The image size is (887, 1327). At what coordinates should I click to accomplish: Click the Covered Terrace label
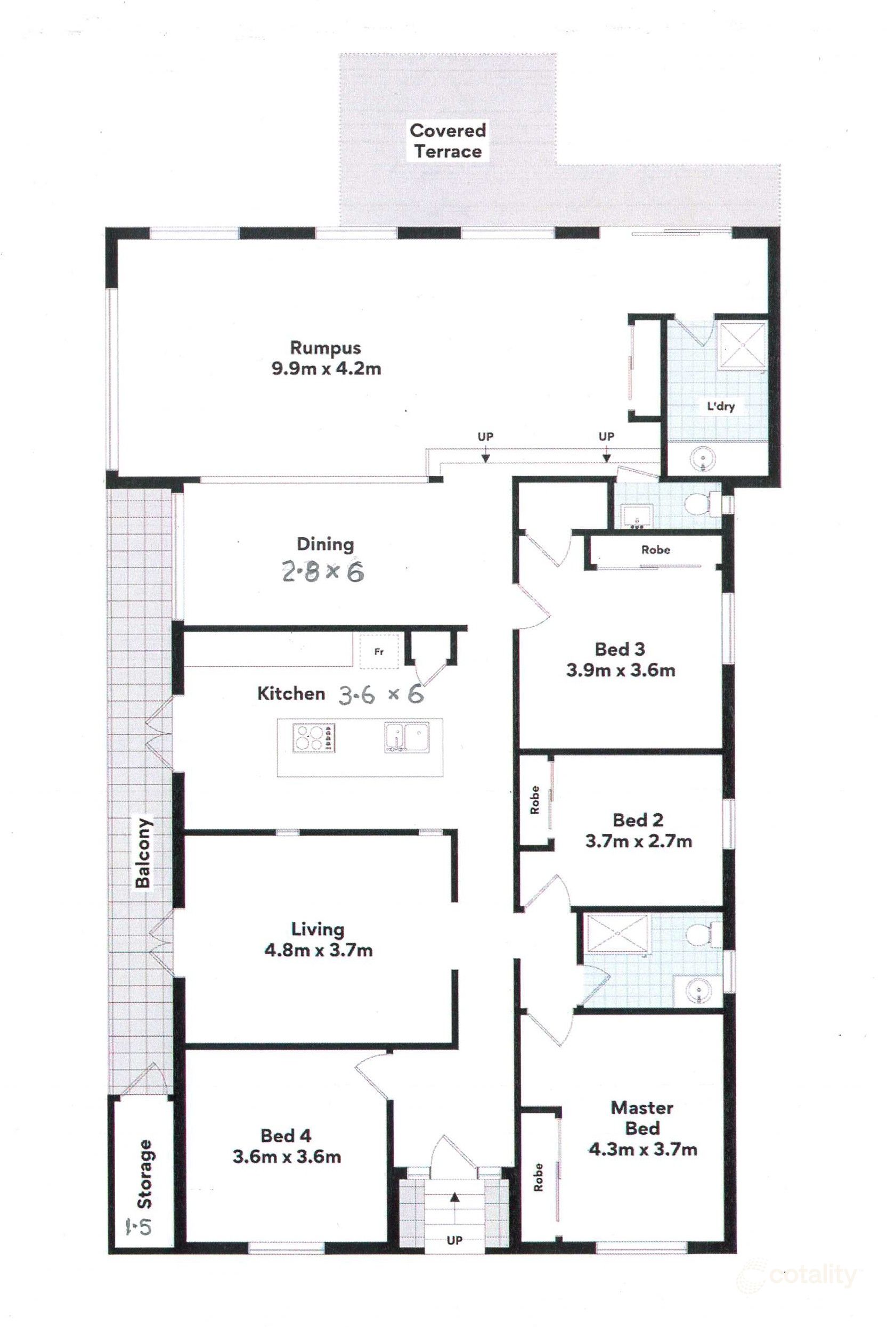click(447, 141)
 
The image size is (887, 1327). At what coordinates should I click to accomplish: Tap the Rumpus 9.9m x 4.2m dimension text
click(327, 368)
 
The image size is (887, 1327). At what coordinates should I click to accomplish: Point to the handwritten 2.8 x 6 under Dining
click(323, 572)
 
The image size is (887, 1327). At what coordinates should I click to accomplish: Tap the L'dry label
click(721, 405)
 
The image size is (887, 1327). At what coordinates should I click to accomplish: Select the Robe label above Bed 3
click(656, 549)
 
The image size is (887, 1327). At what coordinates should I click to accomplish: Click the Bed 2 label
click(638, 820)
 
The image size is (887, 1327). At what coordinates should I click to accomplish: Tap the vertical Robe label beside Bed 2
click(534, 800)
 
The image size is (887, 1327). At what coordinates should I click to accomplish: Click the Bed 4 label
click(286, 1135)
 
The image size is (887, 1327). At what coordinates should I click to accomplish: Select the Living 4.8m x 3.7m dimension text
click(319, 950)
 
